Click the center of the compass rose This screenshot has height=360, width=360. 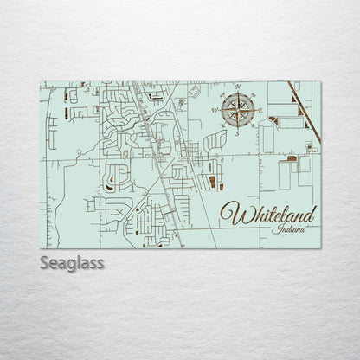pos(238,109)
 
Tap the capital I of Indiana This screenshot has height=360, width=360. pos(274,229)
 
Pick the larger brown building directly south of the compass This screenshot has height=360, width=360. pos(212,182)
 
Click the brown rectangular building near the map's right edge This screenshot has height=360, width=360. pos(292,159)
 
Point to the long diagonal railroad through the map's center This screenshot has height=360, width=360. pos(156,156)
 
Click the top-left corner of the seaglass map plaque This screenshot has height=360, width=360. pos(42,82)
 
